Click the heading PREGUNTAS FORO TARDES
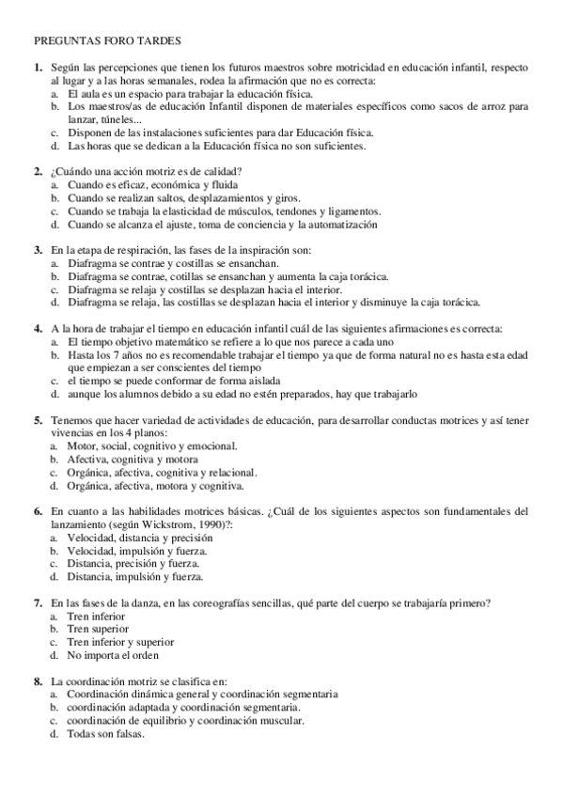pyautogui.click(x=108, y=42)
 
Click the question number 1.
pyautogui.click(x=38, y=69)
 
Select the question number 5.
pyautogui.click(x=38, y=419)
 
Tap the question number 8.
pyautogui.click(x=38, y=680)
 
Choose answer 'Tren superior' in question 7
pyautogui.click(x=98, y=629)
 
